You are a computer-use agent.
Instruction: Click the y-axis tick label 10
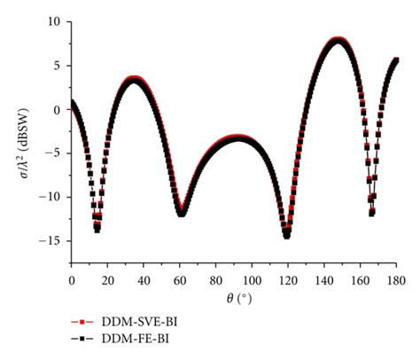(57, 20)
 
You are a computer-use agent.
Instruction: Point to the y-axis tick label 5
(59, 65)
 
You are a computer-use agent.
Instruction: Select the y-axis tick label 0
(59, 110)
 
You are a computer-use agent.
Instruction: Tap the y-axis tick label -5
(57, 154)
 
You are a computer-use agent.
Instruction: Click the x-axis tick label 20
(107, 280)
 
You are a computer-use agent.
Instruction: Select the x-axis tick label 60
(180, 280)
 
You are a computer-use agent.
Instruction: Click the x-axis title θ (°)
(233, 300)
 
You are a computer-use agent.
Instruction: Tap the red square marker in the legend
(82, 322)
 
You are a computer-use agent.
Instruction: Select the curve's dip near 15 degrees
(97, 229)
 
